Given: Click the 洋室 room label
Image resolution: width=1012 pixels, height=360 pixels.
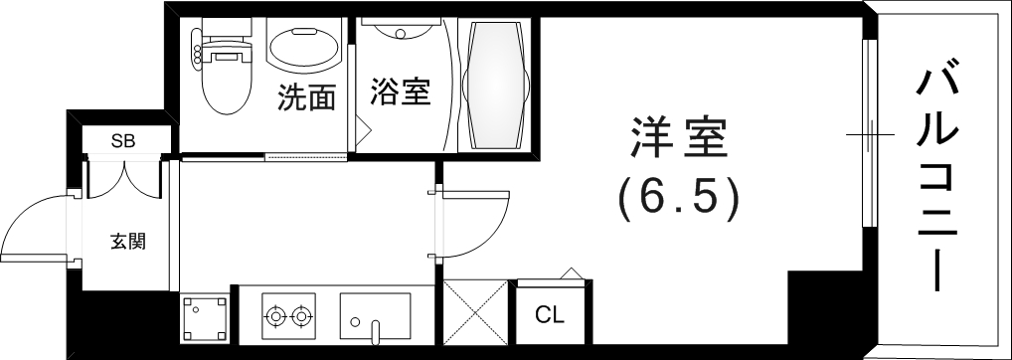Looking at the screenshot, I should tap(680, 139).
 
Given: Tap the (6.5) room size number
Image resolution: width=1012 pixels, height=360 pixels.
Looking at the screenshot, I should tap(680, 199).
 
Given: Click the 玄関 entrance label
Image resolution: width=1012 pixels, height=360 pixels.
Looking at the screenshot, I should tap(128, 240).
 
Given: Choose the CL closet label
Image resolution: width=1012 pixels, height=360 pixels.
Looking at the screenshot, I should tap(550, 317).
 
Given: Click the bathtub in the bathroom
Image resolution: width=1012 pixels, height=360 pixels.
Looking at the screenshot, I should tap(493, 87).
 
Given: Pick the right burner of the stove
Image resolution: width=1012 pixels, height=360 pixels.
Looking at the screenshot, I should tap(301, 317).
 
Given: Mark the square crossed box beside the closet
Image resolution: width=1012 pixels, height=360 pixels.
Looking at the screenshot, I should tap(475, 313).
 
